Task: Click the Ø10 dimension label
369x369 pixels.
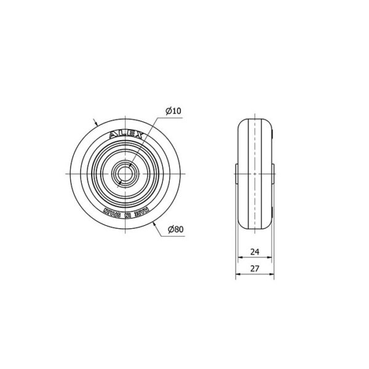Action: pos(173,111)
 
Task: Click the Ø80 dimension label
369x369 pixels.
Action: pos(175,229)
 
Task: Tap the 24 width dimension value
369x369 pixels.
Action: pos(255,252)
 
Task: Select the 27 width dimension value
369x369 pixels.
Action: pos(255,269)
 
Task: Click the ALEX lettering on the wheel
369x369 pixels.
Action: pos(126,135)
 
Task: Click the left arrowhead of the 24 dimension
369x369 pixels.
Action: pos(240,257)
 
